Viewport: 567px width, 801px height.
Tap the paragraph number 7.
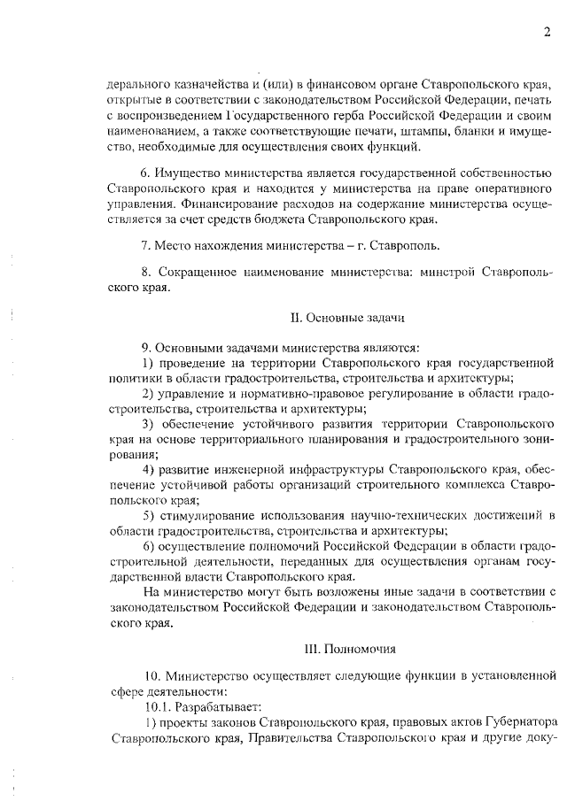(x=145, y=244)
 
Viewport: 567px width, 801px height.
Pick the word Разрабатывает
(x=215, y=706)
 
